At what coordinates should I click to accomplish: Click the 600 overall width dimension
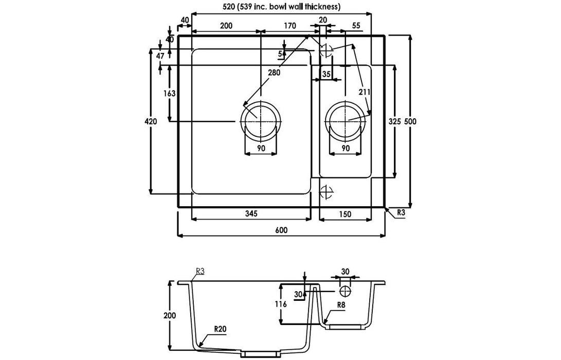tap(281, 230)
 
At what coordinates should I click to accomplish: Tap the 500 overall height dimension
tap(409, 121)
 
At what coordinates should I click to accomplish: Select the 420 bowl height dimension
tap(150, 121)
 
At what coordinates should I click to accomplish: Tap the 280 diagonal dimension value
tap(274, 73)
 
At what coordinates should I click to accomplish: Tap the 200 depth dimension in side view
tap(170, 315)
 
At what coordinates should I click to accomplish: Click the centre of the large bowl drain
tap(261, 121)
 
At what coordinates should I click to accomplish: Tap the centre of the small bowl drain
tap(345, 121)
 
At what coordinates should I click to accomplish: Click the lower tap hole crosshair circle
tap(326, 192)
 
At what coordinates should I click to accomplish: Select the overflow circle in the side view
tap(345, 291)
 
